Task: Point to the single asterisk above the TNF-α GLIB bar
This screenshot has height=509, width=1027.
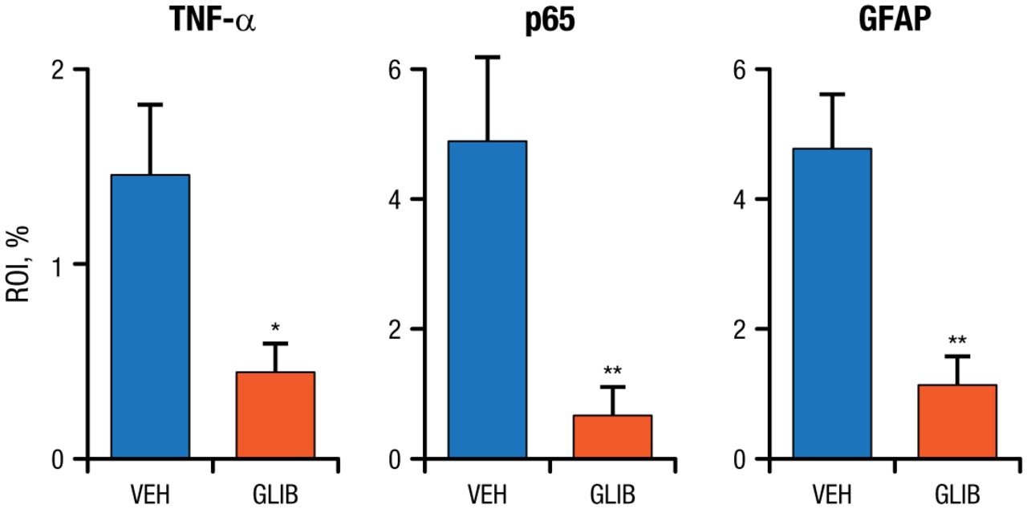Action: pyautogui.click(x=275, y=328)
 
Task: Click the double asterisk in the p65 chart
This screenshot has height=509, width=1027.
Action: pyautogui.click(x=612, y=371)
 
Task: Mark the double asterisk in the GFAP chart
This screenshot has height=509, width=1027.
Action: pyautogui.click(x=957, y=340)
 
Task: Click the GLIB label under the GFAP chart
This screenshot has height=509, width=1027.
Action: pyautogui.click(x=957, y=491)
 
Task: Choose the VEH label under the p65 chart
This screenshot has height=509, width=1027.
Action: pyautogui.click(x=487, y=491)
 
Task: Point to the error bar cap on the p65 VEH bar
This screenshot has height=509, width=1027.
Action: pyautogui.click(x=487, y=57)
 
